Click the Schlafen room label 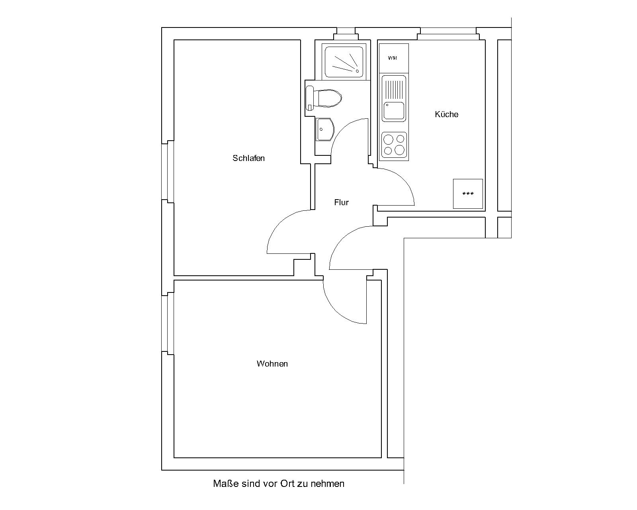(x=248, y=158)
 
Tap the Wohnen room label (x=272, y=364)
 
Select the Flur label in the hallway (x=341, y=202)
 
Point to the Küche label (x=446, y=114)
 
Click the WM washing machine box (x=394, y=59)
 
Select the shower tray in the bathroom (x=344, y=62)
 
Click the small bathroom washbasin (x=325, y=129)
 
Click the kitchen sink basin (x=394, y=110)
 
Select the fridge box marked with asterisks (x=468, y=194)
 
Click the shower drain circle (x=357, y=71)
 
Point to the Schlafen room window (x=168, y=172)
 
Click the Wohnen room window (x=168, y=324)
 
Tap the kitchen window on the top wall (x=448, y=34)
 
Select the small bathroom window (x=346, y=34)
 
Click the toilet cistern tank (x=309, y=98)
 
